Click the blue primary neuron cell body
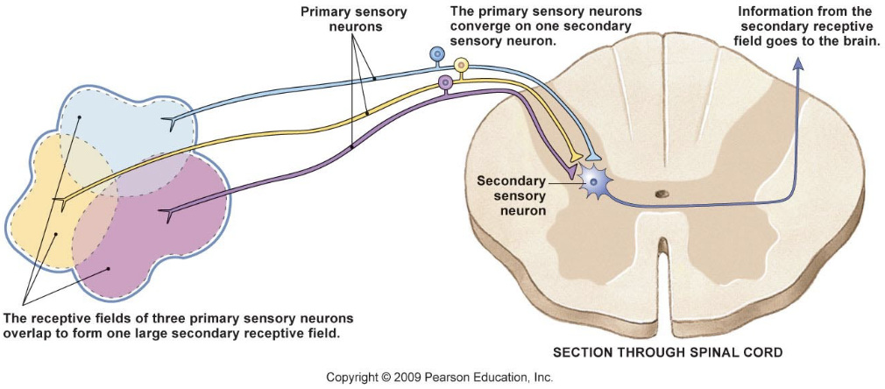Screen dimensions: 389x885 pyautogui.click(x=436, y=54)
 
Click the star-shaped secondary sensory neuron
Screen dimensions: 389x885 pyautogui.click(x=596, y=182)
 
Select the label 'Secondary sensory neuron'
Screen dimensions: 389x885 pyautogui.click(x=511, y=196)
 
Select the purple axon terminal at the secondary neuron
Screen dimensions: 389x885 pyautogui.click(x=571, y=173)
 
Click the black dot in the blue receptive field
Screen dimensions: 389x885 pyautogui.click(x=80, y=117)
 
